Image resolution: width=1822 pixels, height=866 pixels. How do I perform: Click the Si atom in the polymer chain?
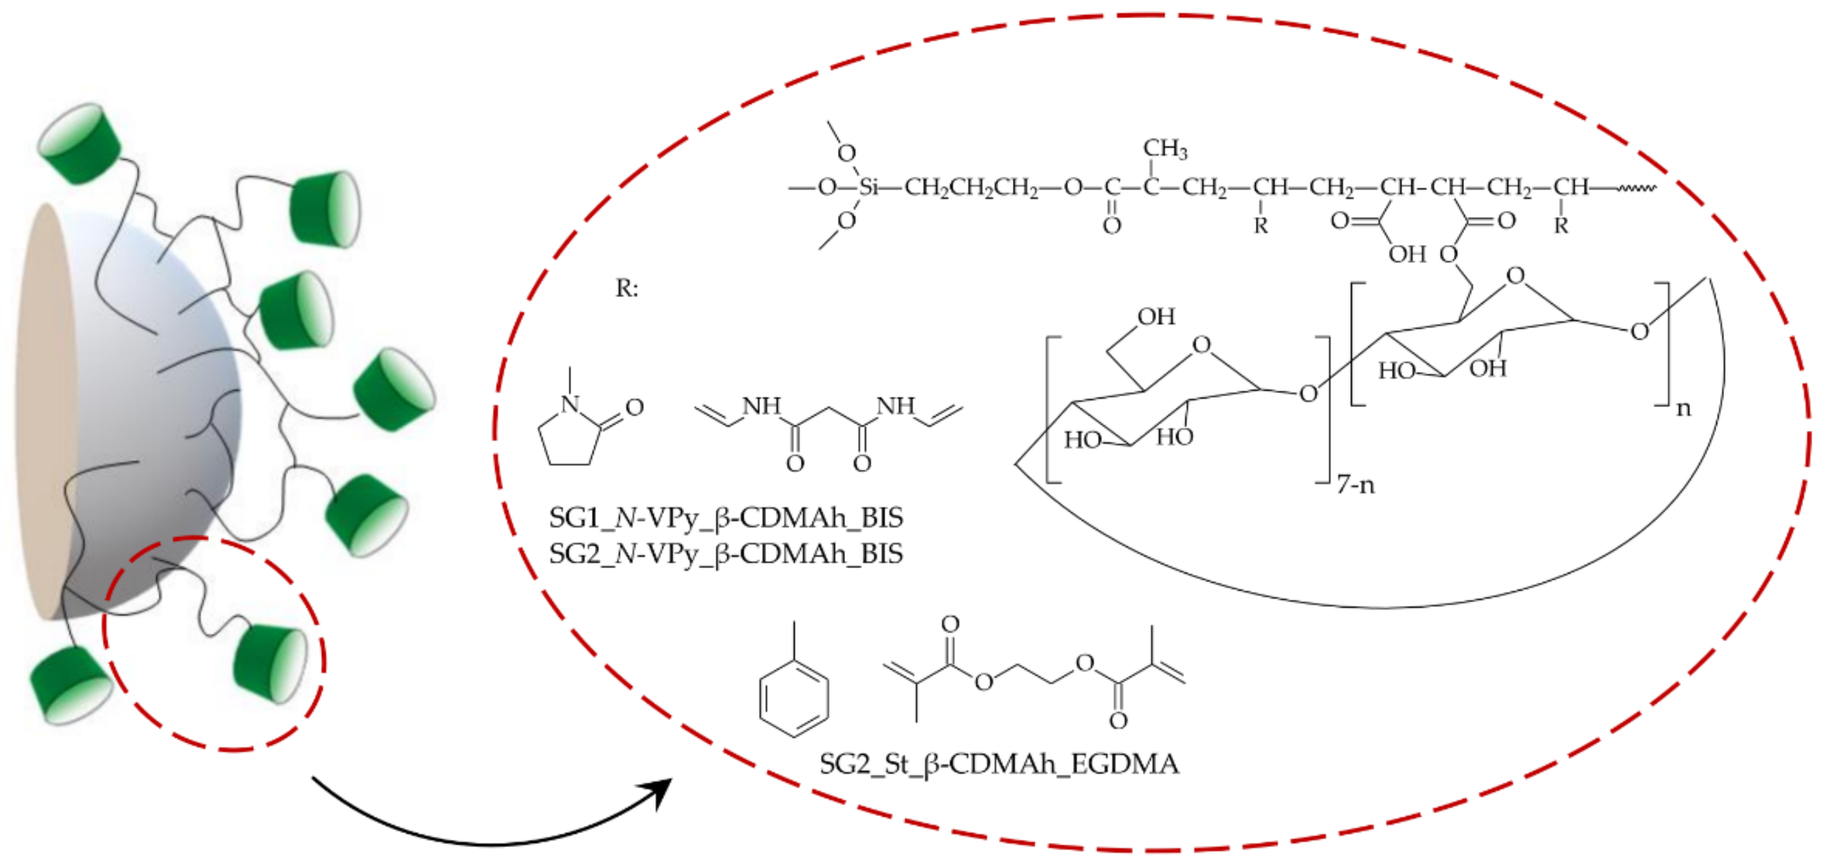point(868,188)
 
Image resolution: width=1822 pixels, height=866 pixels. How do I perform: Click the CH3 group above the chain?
point(1165,148)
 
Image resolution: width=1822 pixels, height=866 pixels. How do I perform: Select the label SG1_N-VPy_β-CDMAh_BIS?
point(726,518)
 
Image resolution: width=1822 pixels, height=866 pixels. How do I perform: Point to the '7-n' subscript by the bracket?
point(1355,485)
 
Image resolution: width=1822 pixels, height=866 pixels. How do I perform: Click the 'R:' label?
point(626,289)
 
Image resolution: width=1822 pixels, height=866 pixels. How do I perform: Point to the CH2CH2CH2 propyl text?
point(971,188)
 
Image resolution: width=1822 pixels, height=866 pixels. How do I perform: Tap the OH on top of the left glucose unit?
point(1156,317)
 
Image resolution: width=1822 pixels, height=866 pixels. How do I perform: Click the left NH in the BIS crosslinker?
point(762,406)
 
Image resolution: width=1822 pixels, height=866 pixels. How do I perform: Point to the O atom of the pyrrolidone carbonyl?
point(634,407)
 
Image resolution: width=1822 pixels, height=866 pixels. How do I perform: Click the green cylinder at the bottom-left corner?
point(69,685)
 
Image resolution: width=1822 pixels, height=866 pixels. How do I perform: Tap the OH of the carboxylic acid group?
point(1407,253)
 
